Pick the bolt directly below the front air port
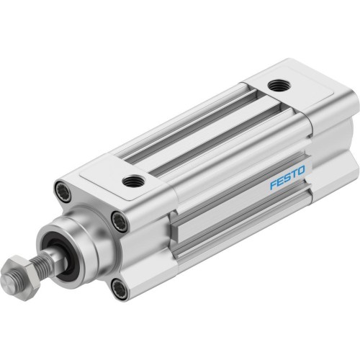pos(120,222)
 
